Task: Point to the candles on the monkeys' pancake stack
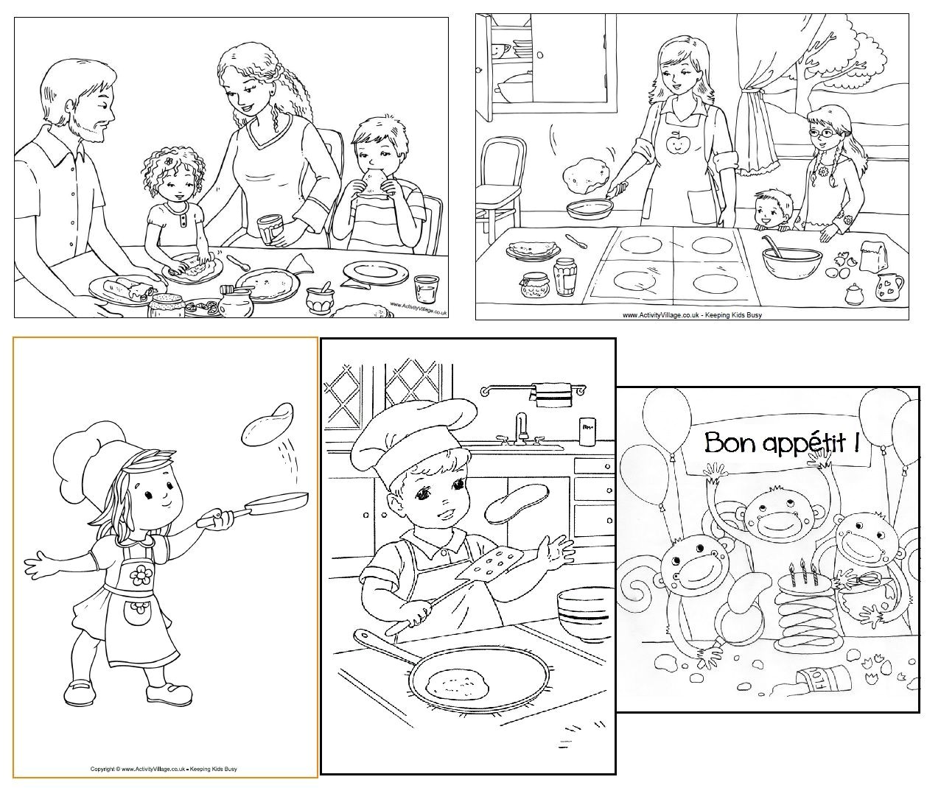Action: pyautogui.click(x=801, y=569)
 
